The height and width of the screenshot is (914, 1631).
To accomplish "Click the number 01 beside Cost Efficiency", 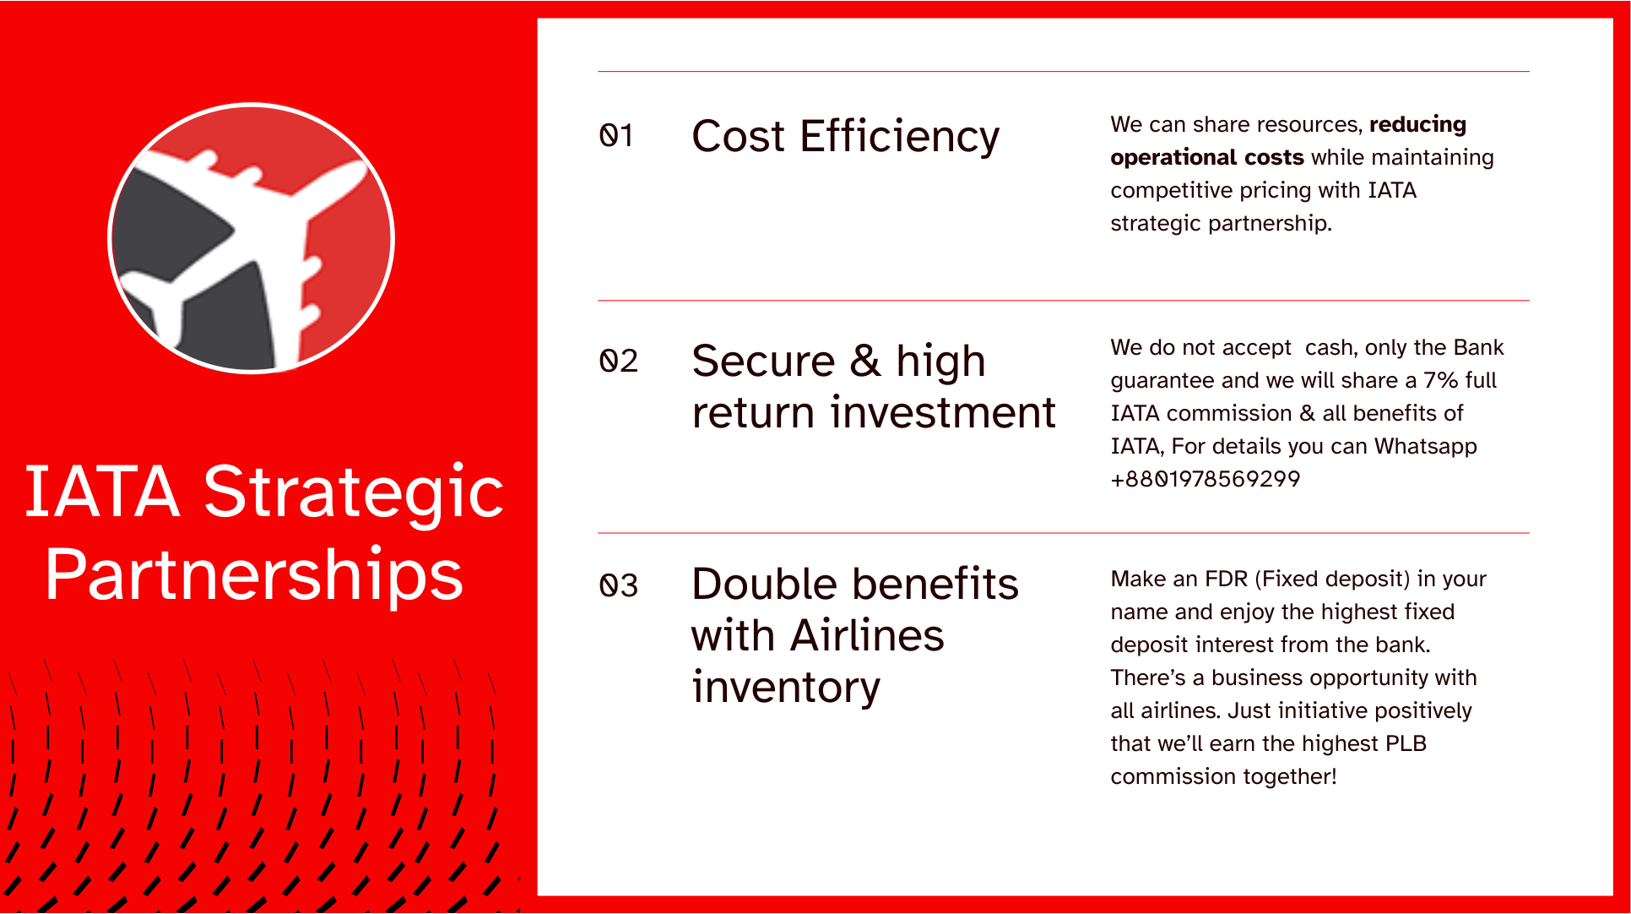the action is click(616, 135).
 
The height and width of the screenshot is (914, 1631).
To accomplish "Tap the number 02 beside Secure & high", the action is click(618, 361).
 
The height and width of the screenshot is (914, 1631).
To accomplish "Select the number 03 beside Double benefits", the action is click(618, 585).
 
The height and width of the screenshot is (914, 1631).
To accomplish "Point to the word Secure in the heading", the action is click(763, 362).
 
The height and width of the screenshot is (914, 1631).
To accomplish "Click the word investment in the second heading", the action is click(943, 413).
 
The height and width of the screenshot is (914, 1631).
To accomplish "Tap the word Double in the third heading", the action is click(765, 584).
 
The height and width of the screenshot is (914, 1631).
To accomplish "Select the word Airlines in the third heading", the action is click(867, 635).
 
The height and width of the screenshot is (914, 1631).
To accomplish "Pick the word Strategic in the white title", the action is click(354, 493).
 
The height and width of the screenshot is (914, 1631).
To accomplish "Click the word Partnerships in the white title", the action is click(254, 575).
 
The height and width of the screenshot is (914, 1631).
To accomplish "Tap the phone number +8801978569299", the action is click(1205, 479).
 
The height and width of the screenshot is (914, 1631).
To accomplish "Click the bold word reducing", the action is click(1417, 125).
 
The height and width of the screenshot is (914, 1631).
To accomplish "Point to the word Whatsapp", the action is click(1426, 447).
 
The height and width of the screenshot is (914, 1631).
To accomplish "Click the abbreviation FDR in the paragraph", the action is click(1226, 579).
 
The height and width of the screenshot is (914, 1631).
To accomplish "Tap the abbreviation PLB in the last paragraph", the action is click(1406, 743).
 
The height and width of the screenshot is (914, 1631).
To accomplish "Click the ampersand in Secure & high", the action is click(865, 362).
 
